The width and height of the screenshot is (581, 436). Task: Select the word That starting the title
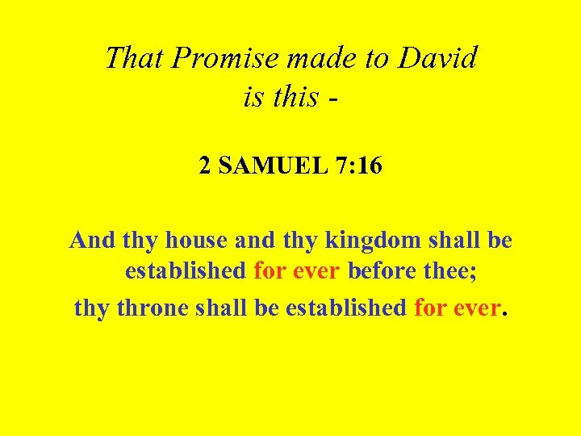(134, 58)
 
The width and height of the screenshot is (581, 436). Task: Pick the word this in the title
(296, 97)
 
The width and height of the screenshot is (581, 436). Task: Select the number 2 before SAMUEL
(205, 167)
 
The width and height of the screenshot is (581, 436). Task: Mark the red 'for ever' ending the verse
(456, 308)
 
